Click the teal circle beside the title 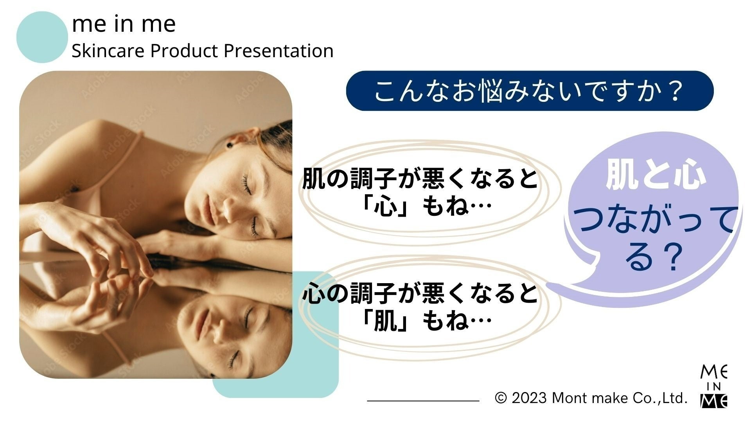(x=42, y=37)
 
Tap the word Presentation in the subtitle (x=278, y=51)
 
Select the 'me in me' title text (x=124, y=24)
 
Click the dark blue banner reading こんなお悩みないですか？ (x=530, y=91)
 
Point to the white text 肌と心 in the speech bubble (x=656, y=176)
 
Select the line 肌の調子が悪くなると (x=420, y=179)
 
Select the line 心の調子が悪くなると (x=420, y=294)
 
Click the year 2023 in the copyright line (x=529, y=398)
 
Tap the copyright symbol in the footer (x=501, y=398)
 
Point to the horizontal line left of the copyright (x=423, y=401)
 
